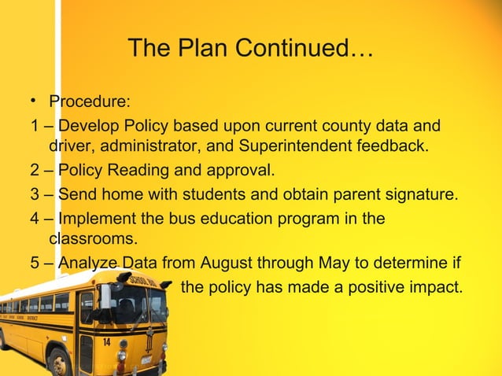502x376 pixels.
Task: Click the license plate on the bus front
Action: tap(146, 360)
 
